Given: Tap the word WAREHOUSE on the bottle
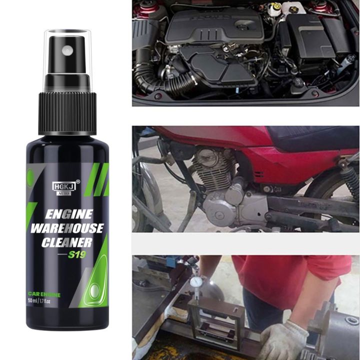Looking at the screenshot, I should point(67,229).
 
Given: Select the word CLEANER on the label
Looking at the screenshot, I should point(67,243).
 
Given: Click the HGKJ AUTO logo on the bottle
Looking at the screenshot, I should point(63,186).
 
